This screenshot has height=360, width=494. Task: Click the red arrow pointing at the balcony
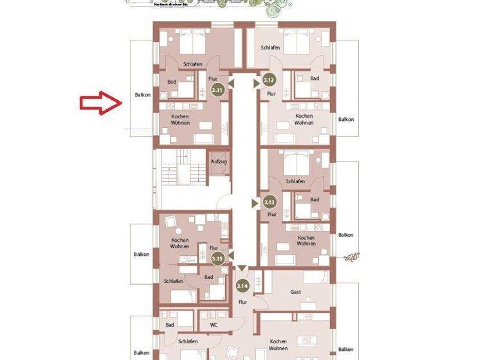[x=100, y=104]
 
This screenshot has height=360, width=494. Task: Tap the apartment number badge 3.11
[x=218, y=91]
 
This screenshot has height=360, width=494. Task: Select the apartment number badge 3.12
[x=270, y=80]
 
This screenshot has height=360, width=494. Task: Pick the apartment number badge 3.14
[x=242, y=286]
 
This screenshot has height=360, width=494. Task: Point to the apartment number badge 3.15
[x=218, y=258]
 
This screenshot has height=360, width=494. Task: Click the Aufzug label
[x=219, y=161]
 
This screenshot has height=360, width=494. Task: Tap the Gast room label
[x=296, y=292]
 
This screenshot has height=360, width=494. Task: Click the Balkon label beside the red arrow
[x=142, y=95]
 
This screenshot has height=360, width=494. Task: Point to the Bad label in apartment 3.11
[x=172, y=82]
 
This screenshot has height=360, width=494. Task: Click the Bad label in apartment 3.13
[x=315, y=200]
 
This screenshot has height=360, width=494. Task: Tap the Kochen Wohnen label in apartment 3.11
[x=180, y=120]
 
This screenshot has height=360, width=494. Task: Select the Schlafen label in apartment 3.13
[x=295, y=181]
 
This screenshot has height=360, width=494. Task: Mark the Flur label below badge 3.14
[x=242, y=301]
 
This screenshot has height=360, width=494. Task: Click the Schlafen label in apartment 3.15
[x=173, y=281]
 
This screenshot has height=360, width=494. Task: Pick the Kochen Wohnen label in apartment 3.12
[x=304, y=120]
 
